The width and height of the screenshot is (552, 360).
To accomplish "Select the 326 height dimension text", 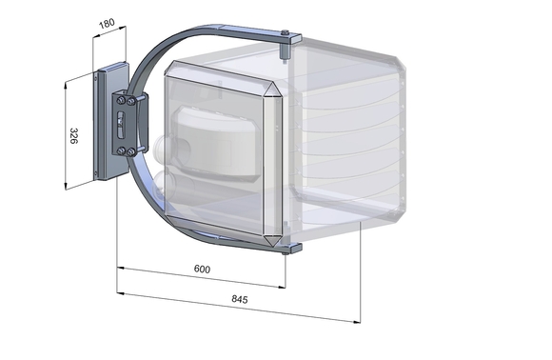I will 73,134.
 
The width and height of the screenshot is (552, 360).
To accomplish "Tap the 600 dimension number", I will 201,270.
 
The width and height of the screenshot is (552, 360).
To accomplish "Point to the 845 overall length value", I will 239,299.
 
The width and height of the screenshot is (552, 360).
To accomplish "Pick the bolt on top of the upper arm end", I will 285,34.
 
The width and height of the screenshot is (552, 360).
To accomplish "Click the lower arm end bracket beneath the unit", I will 291,250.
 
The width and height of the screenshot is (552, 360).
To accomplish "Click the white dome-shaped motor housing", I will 220,143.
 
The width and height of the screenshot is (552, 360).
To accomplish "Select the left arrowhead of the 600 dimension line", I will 119,268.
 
